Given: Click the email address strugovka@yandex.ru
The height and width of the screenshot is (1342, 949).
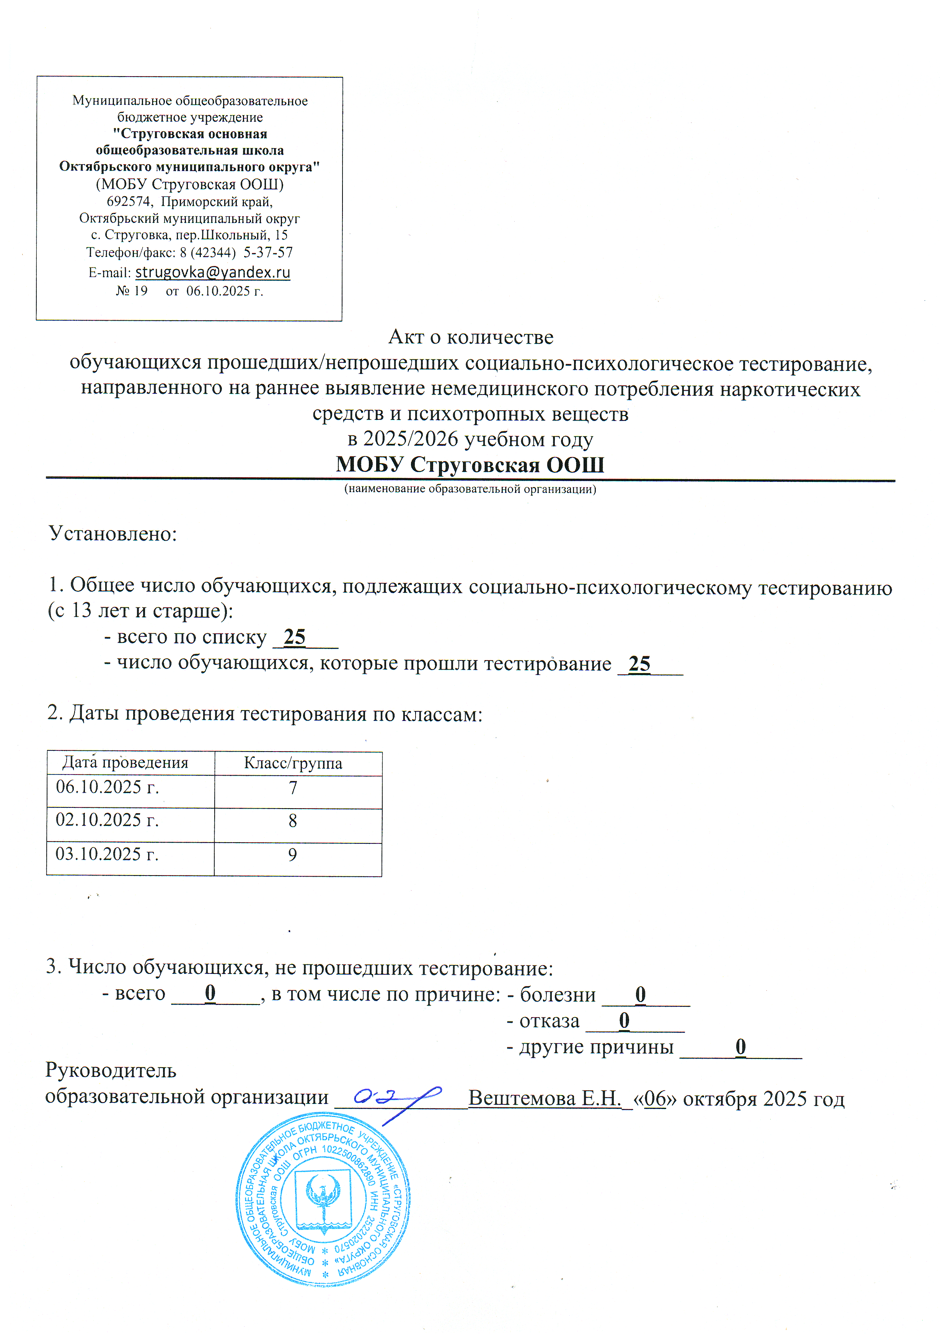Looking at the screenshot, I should click(213, 272).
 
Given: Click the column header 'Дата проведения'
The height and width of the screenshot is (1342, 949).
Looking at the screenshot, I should click(125, 763).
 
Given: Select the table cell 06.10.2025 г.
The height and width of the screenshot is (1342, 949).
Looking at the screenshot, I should click(108, 787).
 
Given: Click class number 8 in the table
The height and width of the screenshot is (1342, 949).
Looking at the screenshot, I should click(293, 821).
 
